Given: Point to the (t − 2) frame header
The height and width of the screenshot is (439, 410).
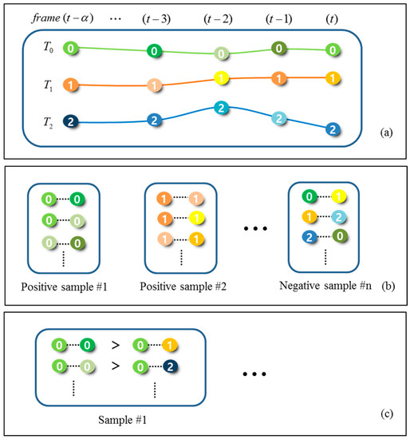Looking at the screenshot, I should [222, 16].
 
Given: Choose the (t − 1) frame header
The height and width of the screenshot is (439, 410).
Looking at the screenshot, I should [278, 16].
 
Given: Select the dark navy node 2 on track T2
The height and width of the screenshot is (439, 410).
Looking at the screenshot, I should [71, 121].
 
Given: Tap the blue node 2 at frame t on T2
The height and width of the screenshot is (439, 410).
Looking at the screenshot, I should [333, 129].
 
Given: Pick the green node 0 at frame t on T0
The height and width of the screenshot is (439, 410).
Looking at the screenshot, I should [333, 49].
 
